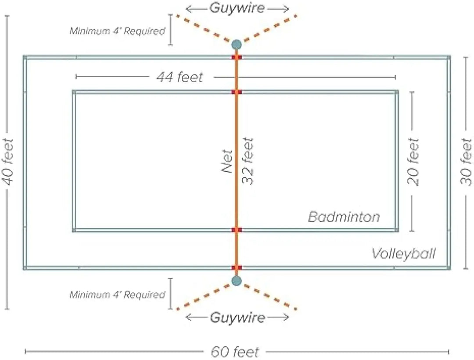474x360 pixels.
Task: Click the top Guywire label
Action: [x=237, y=8]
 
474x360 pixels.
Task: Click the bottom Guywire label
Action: [x=237, y=317]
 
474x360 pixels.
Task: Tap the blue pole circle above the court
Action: [x=237, y=45]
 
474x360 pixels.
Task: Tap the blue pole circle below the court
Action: [x=237, y=281]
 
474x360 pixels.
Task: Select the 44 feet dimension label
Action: [x=180, y=77]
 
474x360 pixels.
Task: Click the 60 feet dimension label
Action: [x=235, y=352]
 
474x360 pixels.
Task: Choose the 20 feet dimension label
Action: [x=413, y=162]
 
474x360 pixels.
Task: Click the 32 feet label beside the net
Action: [x=248, y=161]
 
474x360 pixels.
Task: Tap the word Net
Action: [x=227, y=157]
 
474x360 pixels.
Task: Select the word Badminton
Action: [x=344, y=217]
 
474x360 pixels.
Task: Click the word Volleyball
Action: [x=404, y=253]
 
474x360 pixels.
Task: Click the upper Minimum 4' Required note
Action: [x=117, y=31]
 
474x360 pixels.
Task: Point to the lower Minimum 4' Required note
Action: [x=117, y=295]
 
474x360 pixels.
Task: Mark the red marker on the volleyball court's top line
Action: [x=237, y=57]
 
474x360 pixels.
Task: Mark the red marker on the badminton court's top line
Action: [x=237, y=92]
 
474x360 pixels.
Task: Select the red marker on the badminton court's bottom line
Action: [x=237, y=230]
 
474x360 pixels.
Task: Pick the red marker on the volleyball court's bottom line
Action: [x=237, y=267]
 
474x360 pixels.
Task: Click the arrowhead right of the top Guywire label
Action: [x=286, y=9]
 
